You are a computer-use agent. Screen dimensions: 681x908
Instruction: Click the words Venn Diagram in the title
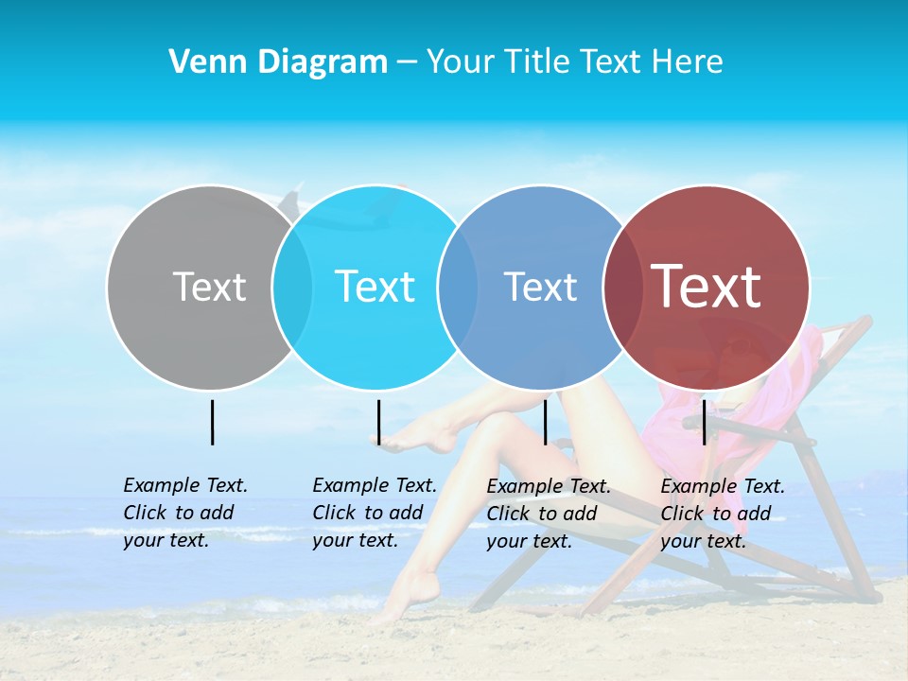click(x=278, y=62)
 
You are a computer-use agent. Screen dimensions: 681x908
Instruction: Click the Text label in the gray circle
click(x=209, y=287)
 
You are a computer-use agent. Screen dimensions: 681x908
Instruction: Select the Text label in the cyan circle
click(x=375, y=287)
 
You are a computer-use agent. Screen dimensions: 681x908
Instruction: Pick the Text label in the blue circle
click(x=540, y=287)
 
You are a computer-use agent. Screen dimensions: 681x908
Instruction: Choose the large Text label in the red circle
click(x=707, y=287)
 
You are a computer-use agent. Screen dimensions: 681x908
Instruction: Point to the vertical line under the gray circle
click(x=212, y=422)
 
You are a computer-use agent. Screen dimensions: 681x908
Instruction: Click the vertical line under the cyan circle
click(x=378, y=422)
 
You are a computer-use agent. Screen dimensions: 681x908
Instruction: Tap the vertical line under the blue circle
click(x=545, y=422)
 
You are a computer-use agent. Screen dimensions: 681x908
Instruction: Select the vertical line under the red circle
click(x=705, y=422)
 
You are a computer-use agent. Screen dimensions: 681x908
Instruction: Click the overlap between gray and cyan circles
click(x=292, y=287)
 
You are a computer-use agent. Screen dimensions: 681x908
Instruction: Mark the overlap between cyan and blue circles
click(x=458, y=287)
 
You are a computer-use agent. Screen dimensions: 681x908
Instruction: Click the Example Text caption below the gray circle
click(x=184, y=513)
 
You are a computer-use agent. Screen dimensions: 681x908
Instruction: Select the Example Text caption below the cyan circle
click(x=374, y=513)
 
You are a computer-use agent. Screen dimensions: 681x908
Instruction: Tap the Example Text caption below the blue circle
click(x=548, y=514)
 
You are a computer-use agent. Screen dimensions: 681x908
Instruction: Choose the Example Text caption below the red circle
click(x=722, y=514)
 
